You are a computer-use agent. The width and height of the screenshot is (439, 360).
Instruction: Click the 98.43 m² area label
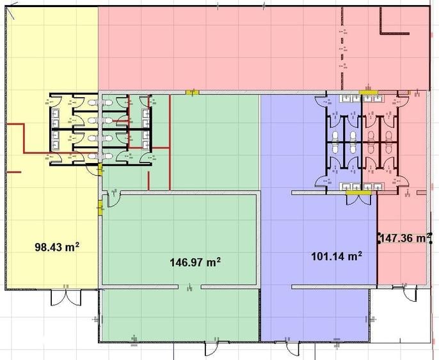point(57,247)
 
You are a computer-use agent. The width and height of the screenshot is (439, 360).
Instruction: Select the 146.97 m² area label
point(195,262)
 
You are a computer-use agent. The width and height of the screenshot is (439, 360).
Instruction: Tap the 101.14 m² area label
point(337,256)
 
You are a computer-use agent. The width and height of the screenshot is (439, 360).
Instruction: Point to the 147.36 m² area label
point(405,238)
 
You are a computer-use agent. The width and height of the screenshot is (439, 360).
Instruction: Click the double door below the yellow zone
point(66,297)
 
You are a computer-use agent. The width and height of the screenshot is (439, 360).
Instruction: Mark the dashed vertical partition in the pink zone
point(342,48)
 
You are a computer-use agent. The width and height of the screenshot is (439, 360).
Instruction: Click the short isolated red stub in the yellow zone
point(13,172)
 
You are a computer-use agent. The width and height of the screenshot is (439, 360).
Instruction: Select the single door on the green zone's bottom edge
point(212,348)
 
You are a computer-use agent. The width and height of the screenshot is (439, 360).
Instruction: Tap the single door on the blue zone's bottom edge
point(291,348)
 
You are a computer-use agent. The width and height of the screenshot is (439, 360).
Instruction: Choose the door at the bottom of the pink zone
point(409,293)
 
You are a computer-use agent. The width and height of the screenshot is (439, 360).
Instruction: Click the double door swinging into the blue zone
point(359,200)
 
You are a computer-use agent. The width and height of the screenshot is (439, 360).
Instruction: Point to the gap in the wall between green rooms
point(189,286)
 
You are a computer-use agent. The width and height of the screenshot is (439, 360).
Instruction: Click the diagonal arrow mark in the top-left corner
point(10,13)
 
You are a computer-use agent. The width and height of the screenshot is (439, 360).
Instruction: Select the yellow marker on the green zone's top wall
point(193,92)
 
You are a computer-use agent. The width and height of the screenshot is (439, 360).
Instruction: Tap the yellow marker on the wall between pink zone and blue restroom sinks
point(369,92)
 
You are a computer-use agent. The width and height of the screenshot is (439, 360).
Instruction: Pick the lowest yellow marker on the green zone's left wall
point(100,207)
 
